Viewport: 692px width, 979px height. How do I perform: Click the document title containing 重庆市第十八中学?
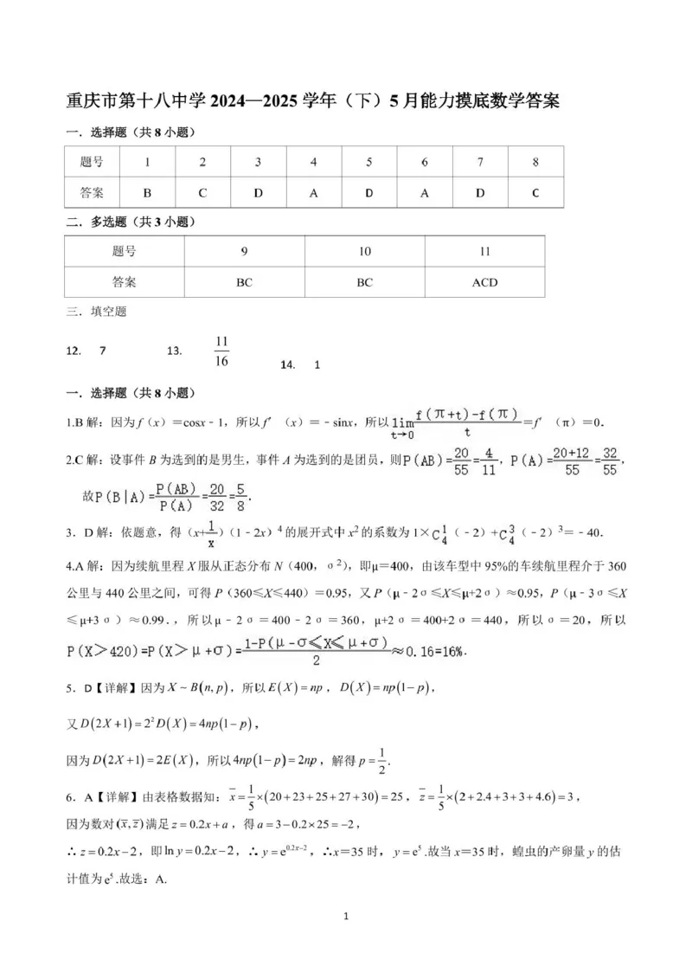312,100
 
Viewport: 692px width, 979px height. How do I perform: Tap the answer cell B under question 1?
147,193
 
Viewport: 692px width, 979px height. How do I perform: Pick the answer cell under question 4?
314,193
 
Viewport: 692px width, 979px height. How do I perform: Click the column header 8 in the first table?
535,162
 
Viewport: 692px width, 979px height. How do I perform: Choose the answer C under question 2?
202,193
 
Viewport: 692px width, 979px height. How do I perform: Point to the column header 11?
484,251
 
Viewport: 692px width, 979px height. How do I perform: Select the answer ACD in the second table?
484,282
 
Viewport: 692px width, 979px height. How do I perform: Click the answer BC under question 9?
245,282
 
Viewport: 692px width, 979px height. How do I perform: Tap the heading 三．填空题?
96,311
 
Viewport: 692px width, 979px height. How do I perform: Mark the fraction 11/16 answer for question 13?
221,351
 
